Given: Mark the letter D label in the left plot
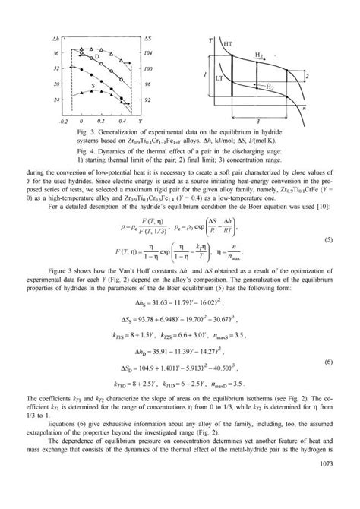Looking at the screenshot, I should (96, 58).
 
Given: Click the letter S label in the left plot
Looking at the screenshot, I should (93, 87).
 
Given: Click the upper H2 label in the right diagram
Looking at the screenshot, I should (259, 55).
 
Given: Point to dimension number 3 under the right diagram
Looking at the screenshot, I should (261, 121).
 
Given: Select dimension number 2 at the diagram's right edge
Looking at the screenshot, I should (305, 77).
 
